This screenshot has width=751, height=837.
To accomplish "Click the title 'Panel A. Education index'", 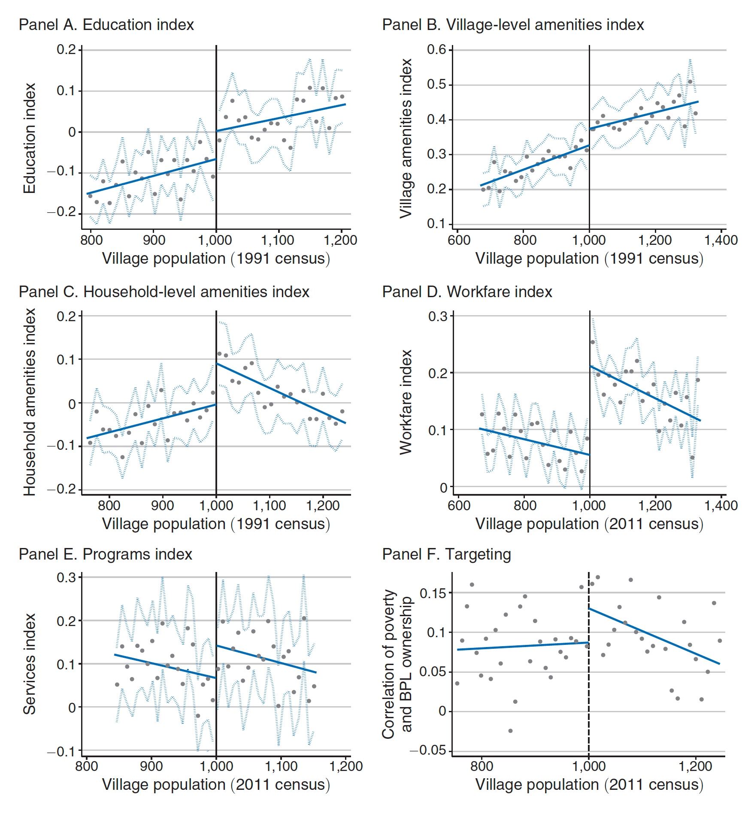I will [106, 25].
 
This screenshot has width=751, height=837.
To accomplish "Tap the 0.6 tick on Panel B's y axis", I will [436, 50].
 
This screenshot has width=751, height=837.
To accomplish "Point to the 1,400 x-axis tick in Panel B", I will [721, 240].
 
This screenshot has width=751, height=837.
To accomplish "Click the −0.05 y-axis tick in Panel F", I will [428, 750].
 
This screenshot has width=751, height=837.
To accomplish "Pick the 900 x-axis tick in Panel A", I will [154, 240].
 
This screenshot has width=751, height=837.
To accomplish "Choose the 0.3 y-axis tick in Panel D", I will [438, 316].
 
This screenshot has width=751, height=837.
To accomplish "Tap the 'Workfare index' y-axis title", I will [406, 402].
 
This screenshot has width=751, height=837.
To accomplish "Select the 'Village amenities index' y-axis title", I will [406, 138].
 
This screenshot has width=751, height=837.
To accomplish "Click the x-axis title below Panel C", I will [216, 524].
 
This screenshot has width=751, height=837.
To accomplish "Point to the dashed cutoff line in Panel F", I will [589, 686].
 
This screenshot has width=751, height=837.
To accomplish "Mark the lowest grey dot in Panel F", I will [510, 731].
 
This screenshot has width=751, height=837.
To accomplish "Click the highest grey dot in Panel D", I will [593, 342].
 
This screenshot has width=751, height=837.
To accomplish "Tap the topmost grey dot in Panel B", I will [690, 81].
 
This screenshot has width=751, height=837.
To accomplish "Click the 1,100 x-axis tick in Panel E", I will [281, 766].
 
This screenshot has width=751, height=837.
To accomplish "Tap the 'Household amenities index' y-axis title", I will [29, 402].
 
